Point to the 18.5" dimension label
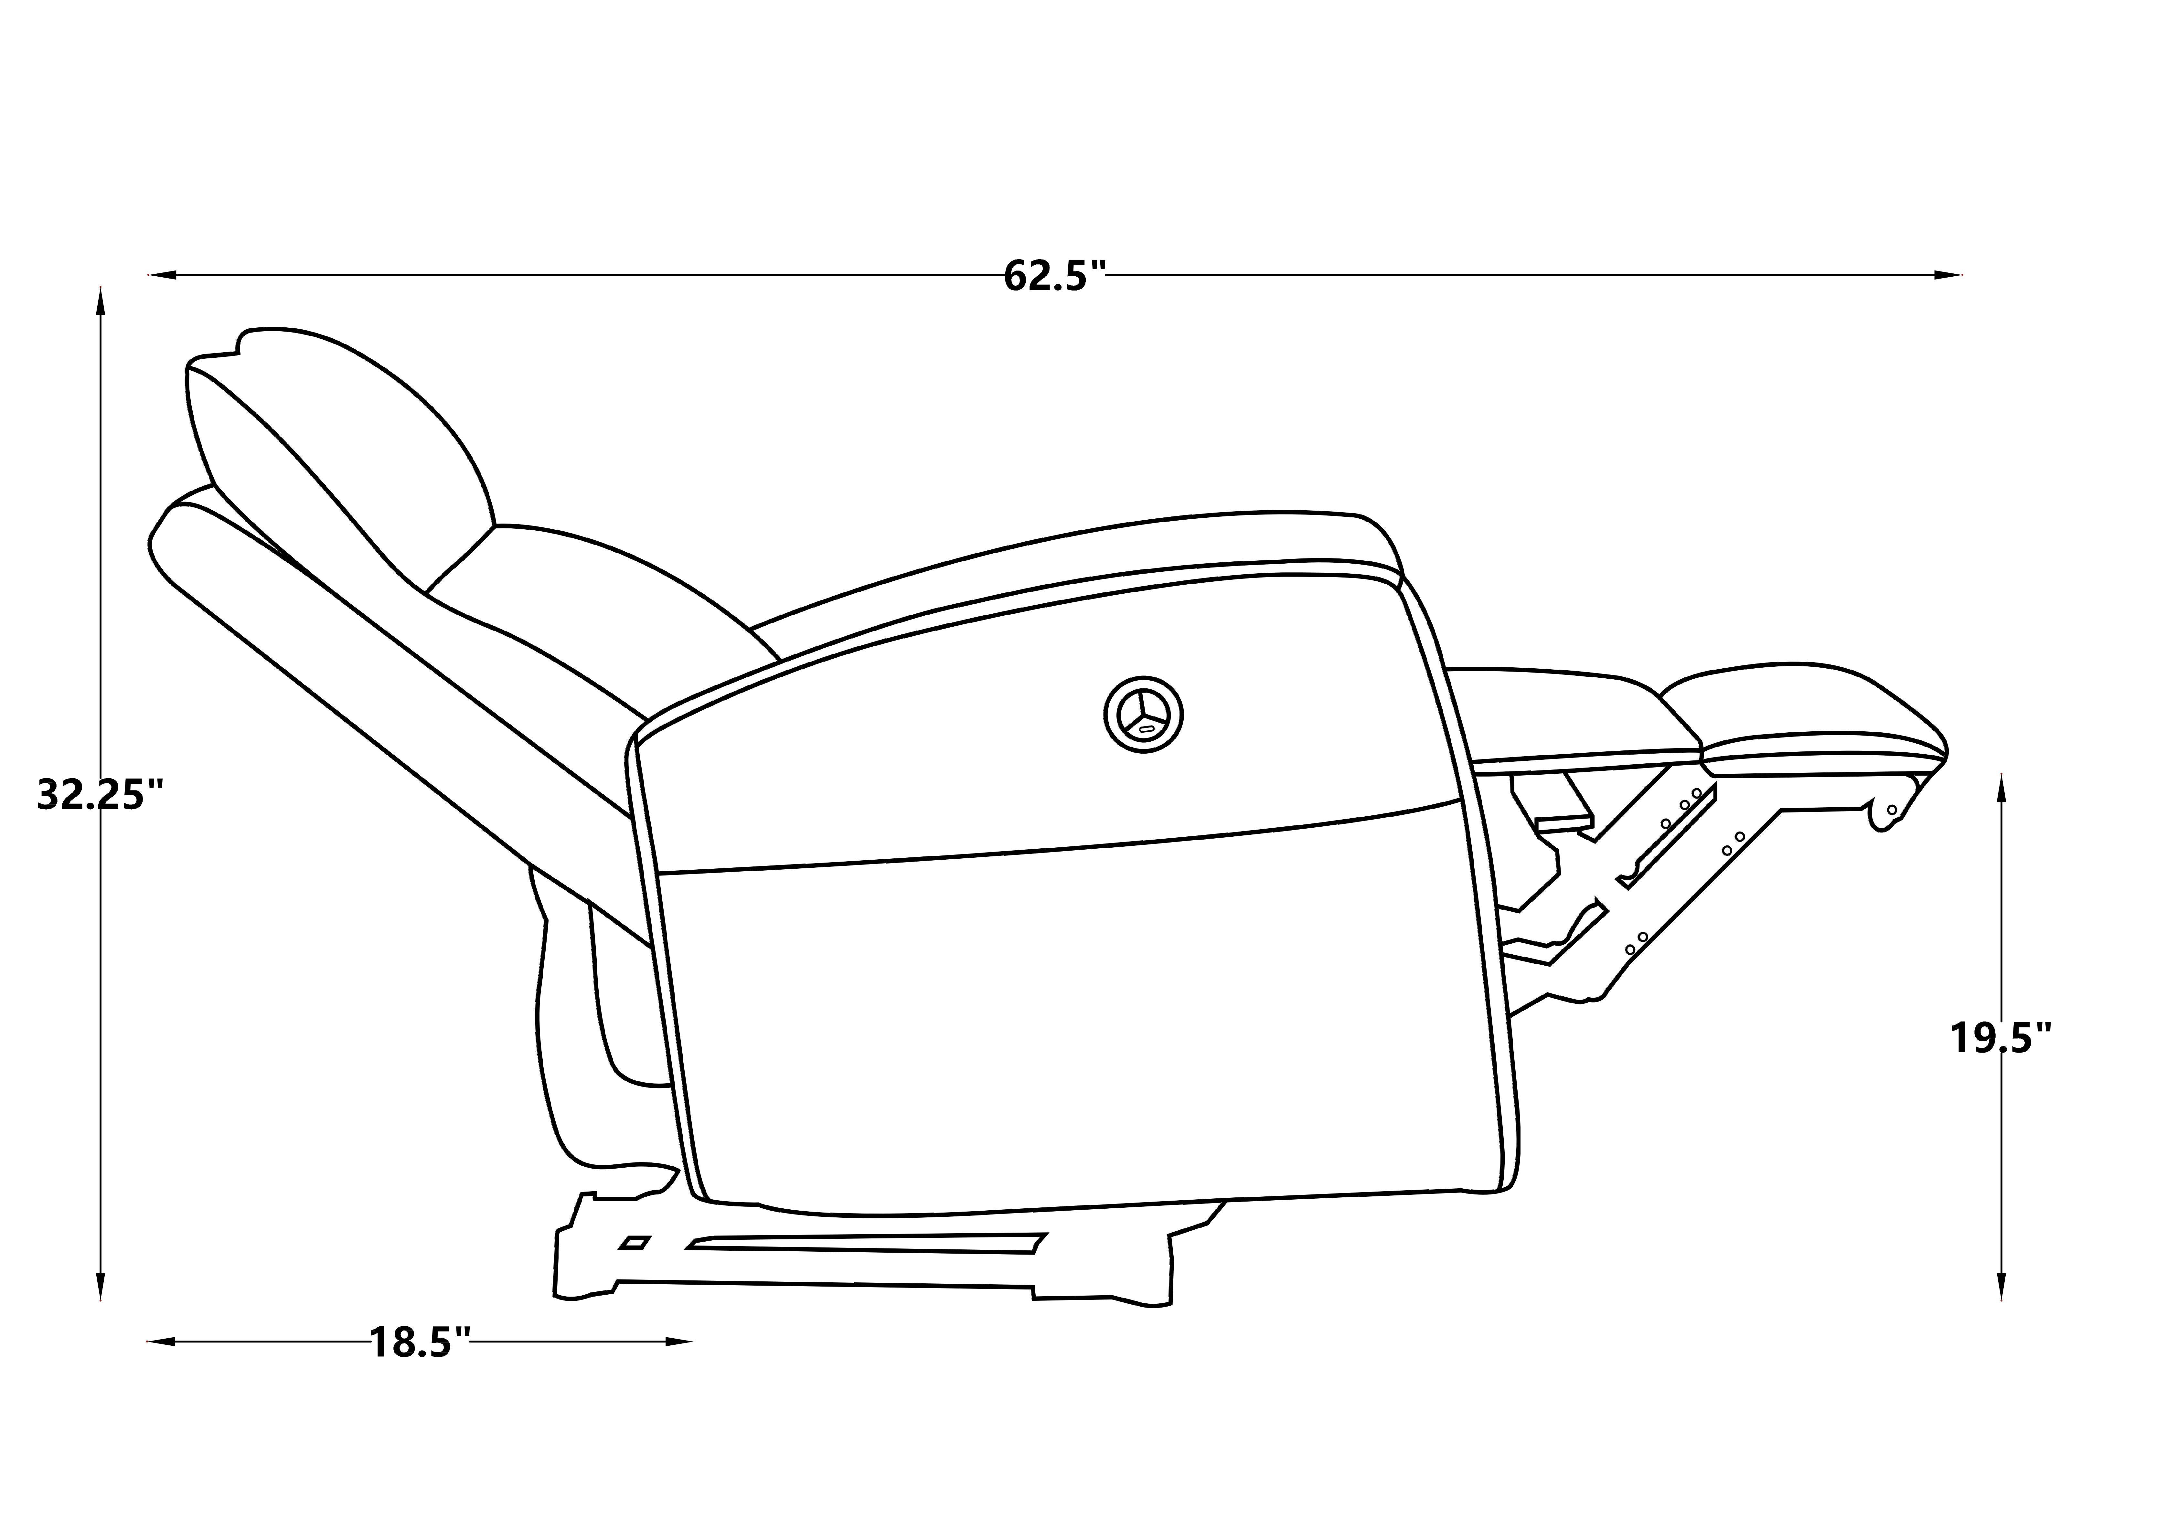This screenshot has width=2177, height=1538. pyautogui.click(x=419, y=1343)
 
